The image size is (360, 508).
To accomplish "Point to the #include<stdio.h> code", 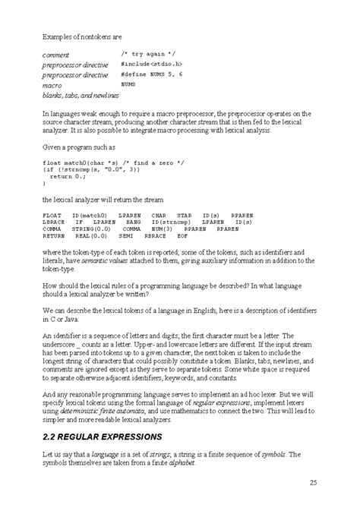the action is (152, 65).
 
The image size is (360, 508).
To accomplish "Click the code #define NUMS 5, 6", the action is (151, 75).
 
